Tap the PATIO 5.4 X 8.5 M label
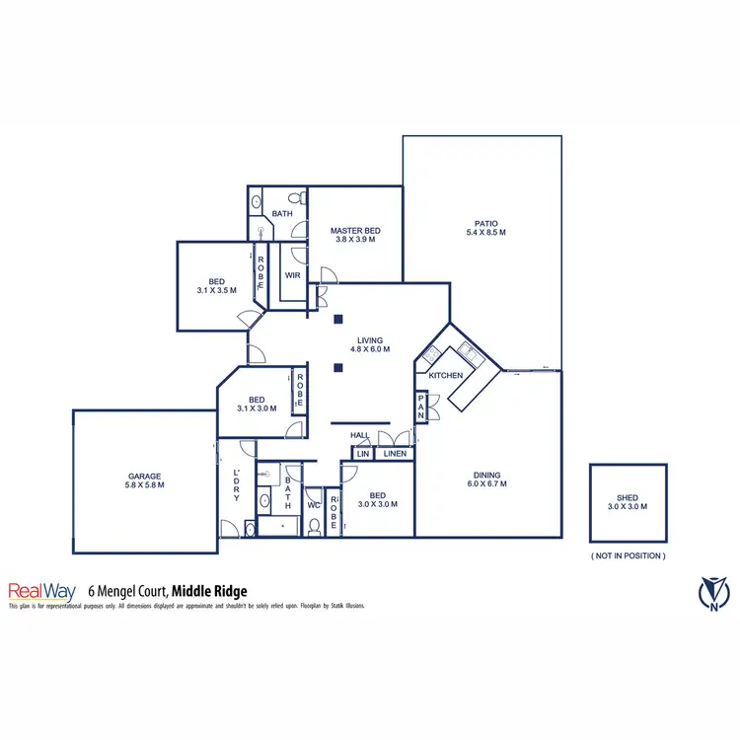(x=485, y=227)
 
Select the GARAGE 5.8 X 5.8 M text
(x=144, y=480)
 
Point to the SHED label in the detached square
(x=628, y=499)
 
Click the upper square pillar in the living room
(x=338, y=319)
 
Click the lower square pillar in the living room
(x=338, y=368)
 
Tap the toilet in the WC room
(x=314, y=526)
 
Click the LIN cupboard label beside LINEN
(x=362, y=454)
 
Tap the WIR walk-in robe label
(x=293, y=276)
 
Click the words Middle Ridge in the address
(x=209, y=591)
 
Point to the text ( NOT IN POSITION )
(x=628, y=555)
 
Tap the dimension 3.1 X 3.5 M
(x=217, y=291)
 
